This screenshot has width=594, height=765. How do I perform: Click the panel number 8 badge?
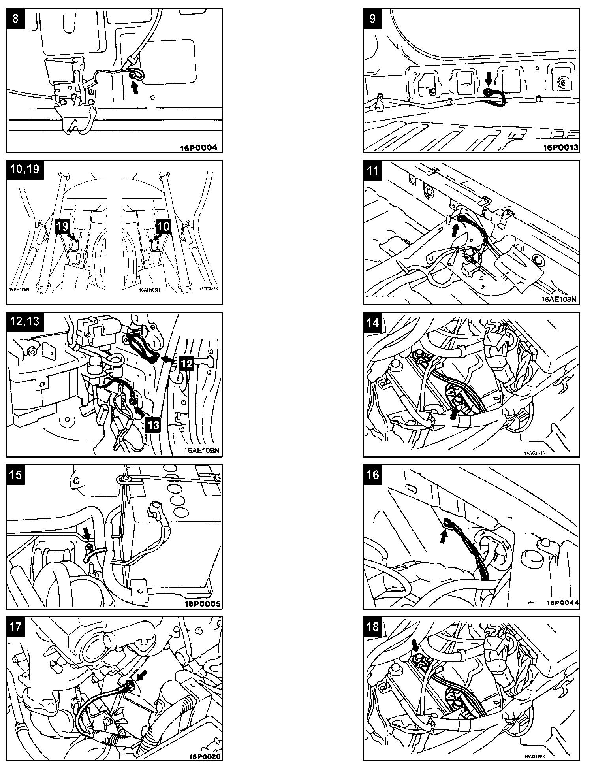(15, 18)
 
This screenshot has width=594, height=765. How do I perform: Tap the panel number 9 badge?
(373, 18)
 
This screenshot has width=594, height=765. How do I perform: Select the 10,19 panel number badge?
(25, 169)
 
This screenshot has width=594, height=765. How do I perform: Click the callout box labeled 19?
(62, 227)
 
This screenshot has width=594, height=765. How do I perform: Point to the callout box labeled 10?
(164, 226)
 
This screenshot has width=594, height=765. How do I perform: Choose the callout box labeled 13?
(153, 424)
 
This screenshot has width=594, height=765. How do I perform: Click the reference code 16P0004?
(199, 148)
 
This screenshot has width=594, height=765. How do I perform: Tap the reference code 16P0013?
(561, 148)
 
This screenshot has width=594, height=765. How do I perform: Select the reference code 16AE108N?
(559, 299)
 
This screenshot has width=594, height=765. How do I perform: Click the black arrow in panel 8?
(135, 89)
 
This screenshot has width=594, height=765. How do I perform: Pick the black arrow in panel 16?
(444, 536)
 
